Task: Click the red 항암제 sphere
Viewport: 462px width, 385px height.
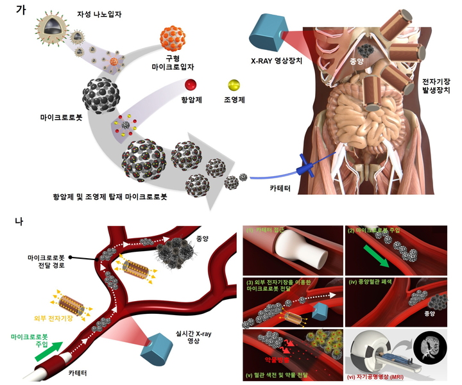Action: coord(190,85)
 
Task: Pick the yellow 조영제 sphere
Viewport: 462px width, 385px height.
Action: coord(234,85)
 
